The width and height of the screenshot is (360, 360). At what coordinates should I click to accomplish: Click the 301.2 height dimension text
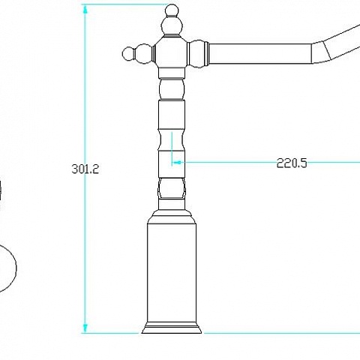(x=85, y=169)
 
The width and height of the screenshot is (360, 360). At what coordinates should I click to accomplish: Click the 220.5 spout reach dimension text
(x=292, y=163)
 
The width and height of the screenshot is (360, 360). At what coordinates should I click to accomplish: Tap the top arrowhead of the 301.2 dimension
(x=85, y=10)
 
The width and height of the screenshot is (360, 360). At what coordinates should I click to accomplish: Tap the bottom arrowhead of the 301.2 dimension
(x=85, y=328)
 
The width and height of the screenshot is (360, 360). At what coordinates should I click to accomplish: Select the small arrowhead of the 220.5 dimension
(x=177, y=163)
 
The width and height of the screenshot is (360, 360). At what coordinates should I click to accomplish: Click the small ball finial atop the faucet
(x=172, y=10)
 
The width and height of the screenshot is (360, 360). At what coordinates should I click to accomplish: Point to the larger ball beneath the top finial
(x=172, y=25)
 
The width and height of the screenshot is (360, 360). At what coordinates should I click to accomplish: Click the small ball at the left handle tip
(x=128, y=53)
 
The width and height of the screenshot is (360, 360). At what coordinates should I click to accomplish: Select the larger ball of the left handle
(x=144, y=54)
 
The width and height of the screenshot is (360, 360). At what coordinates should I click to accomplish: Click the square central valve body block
(x=172, y=52)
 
